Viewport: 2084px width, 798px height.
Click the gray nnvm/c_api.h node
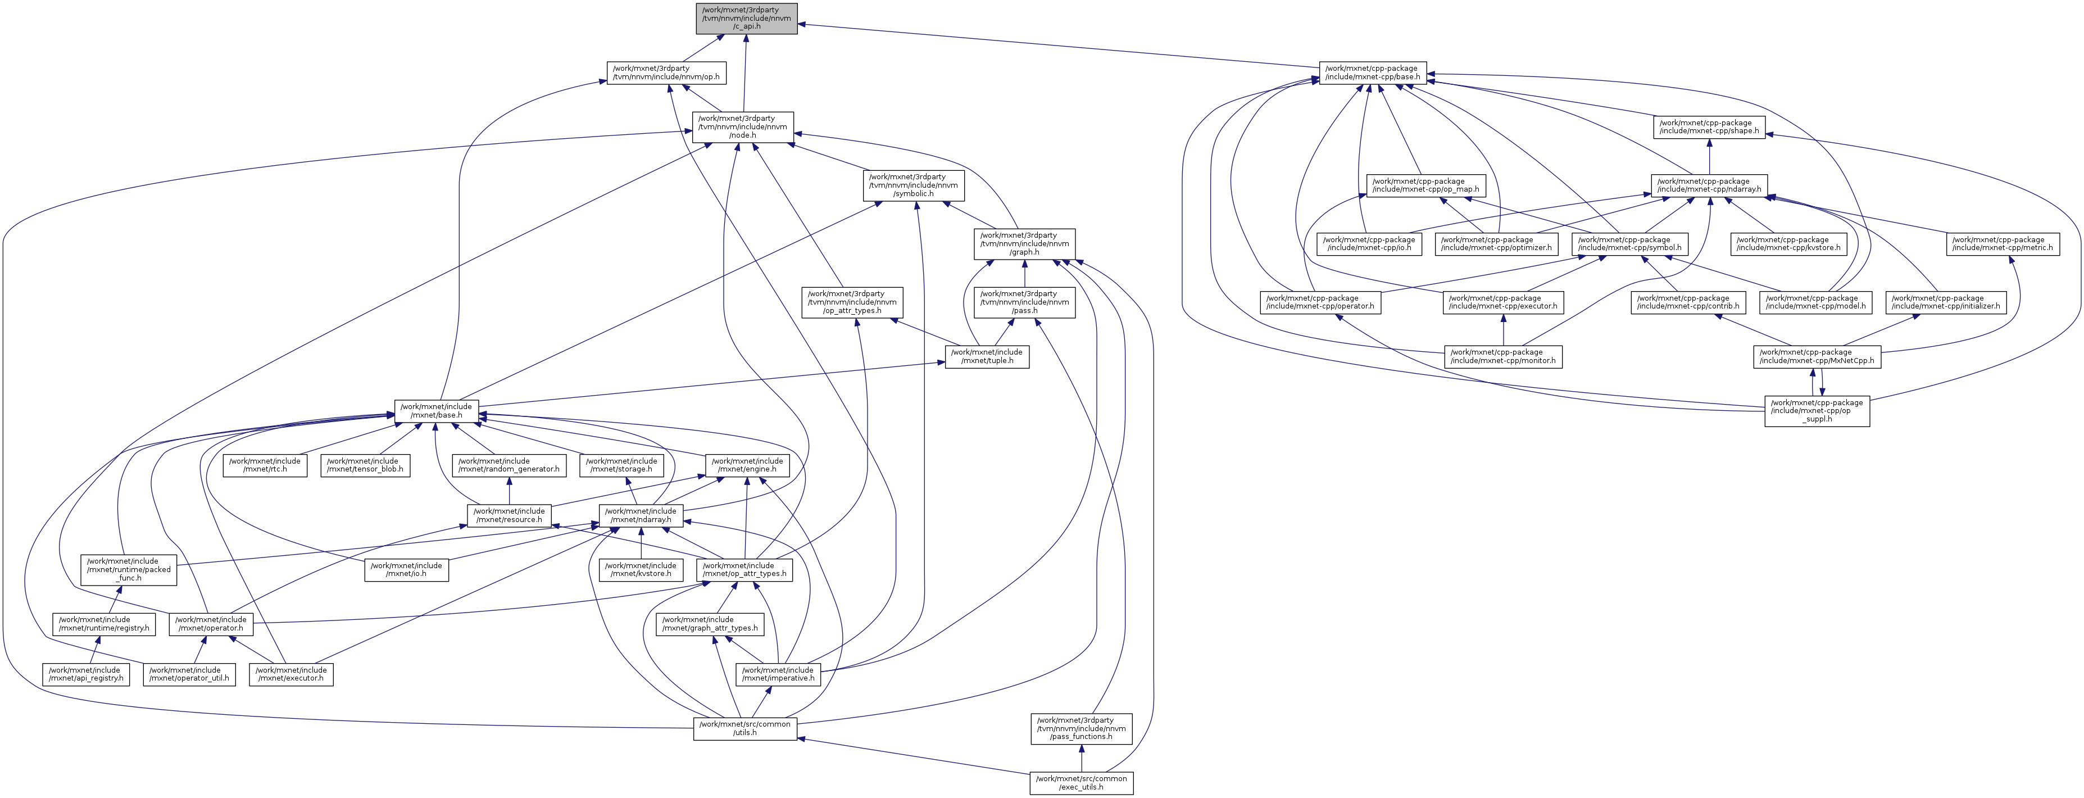coord(746,19)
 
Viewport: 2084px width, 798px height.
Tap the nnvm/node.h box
coord(742,127)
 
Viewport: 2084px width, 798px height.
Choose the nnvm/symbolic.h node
coord(914,185)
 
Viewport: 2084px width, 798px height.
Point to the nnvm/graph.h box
coord(1024,243)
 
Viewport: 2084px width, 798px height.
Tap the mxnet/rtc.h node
coord(265,465)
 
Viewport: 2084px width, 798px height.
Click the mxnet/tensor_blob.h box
coord(364,465)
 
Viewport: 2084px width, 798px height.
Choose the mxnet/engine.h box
coord(747,465)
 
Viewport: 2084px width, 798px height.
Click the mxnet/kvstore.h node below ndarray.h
coord(640,570)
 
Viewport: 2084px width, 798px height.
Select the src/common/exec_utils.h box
coord(1081,783)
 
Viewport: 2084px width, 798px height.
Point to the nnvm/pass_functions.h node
coord(1081,728)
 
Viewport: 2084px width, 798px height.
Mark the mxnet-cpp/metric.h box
coord(2003,243)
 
